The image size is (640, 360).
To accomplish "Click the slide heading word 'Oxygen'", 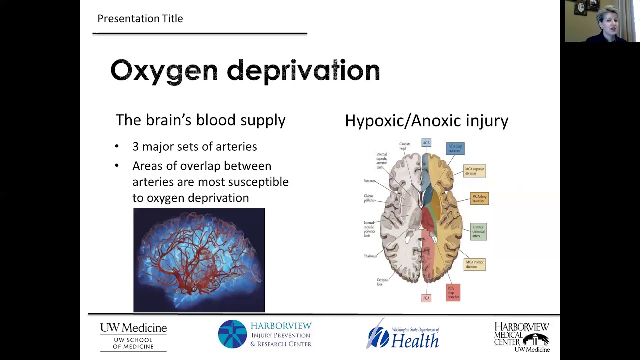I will click(164, 71).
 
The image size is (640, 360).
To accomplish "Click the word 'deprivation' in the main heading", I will click(303, 71).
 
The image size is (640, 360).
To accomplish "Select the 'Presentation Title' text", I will click(140, 19).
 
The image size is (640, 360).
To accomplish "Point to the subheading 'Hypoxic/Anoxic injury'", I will click(426, 121).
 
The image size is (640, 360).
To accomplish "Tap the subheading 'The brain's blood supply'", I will click(200, 120).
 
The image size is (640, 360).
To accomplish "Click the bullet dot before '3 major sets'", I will click(117, 146).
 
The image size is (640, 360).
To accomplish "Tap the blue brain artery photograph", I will click(199, 260).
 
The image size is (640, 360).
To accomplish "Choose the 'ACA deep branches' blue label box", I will click(455, 148).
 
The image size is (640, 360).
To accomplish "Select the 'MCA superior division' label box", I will click(474, 171).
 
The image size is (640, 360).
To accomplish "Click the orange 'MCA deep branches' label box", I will click(479, 198).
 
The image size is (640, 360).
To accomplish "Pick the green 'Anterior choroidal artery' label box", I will click(478, 231).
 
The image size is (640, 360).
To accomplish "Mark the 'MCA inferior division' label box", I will click(474, 264).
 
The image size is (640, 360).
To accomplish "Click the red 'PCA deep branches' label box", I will click(453, 292).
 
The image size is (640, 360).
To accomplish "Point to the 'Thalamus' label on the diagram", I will click(370, 256).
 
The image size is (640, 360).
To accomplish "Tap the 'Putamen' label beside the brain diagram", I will click(369, 181).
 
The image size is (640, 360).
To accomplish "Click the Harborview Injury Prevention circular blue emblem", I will click(232, 334).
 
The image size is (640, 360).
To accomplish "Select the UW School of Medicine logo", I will click(133, 336).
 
